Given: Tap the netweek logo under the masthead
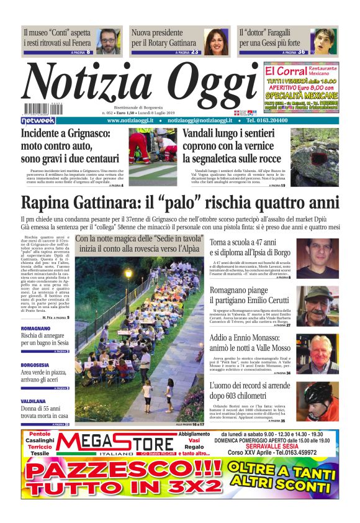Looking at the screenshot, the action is pyautogui.click(x=38, y=120).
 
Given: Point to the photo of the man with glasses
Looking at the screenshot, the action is pyautogui.click(x=109, y=41).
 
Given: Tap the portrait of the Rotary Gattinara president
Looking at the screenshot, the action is pyautogui.click(x=216, y=42).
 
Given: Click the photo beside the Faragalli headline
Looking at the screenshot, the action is pyautogui.click(x=323, y=42).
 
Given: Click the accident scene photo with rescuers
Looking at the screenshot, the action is pyautogui.click(x=152, y=153).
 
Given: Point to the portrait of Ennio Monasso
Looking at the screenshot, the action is pyautogui.click(x=322, y=354).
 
